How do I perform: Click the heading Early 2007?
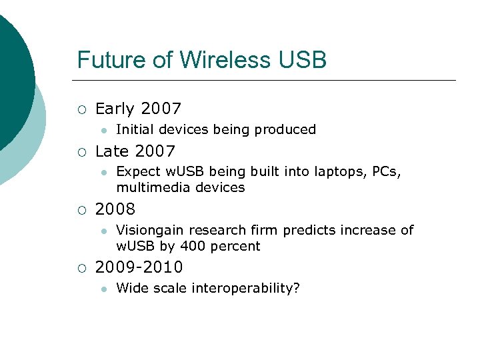139,109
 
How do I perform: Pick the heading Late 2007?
135,151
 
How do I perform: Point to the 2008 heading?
115,209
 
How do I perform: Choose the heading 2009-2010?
139,267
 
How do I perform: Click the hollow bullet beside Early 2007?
81,109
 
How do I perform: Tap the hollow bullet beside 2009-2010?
81,268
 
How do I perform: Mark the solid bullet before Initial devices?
103,130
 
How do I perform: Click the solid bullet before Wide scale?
103,289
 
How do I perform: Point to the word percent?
235,247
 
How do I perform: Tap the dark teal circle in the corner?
10,73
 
